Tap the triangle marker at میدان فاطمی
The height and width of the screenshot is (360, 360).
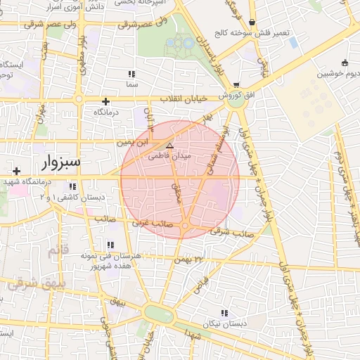pos(169,145)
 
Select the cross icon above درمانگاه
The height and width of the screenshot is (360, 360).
pos(105,101)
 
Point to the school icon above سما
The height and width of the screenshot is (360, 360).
pos(131,74)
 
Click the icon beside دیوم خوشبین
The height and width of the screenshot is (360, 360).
pos(344,63)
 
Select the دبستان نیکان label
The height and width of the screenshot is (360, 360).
pos(225,323)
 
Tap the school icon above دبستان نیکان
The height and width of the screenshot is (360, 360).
pos(224,313)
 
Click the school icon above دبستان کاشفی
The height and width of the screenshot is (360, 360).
pos(72,187)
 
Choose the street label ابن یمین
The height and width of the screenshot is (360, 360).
pos(134,142)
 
